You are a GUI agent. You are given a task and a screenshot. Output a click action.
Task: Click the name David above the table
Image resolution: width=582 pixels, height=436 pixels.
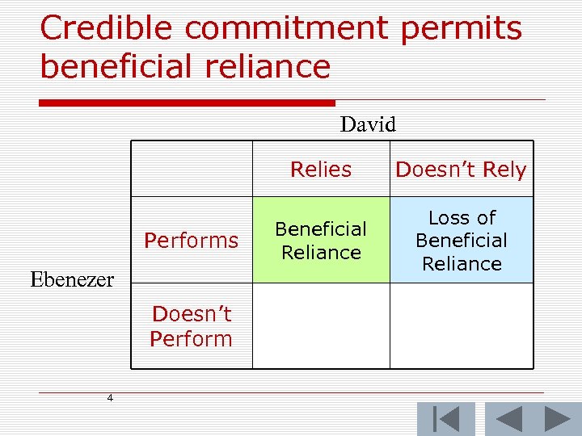tap(368, 124)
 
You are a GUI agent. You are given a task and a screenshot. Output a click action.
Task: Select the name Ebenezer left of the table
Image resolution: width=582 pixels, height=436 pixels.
tap(72, 279)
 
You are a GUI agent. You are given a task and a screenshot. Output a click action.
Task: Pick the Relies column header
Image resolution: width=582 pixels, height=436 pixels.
tap(321, 170)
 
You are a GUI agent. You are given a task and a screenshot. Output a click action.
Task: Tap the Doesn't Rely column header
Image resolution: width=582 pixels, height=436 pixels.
tap(460, 170)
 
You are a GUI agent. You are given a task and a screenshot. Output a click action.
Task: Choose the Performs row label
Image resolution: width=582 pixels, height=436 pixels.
tap(191, 240)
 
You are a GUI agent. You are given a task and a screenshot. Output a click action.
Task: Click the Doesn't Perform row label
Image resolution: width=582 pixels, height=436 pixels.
tap(191, 326)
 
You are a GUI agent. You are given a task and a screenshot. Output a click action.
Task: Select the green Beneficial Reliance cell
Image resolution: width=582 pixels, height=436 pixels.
tap(321, 240)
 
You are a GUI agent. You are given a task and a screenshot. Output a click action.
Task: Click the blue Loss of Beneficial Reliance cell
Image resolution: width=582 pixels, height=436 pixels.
tap(461, 240)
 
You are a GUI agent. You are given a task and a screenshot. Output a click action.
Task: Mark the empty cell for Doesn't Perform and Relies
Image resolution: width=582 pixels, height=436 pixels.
tap(321, 326)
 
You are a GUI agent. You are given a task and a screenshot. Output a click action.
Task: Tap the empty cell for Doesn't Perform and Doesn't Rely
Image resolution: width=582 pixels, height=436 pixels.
tap(461, 326)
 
